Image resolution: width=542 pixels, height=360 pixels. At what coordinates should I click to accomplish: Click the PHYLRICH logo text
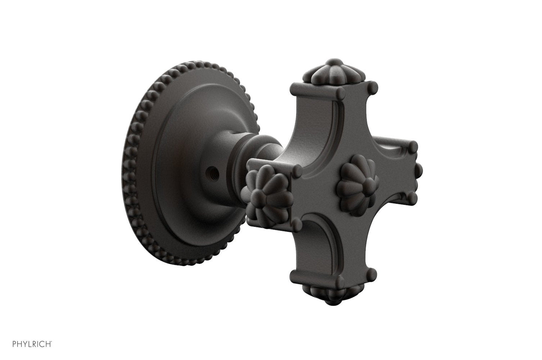click(32, 344)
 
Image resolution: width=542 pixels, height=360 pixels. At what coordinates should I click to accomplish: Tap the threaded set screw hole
click(212, 173)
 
